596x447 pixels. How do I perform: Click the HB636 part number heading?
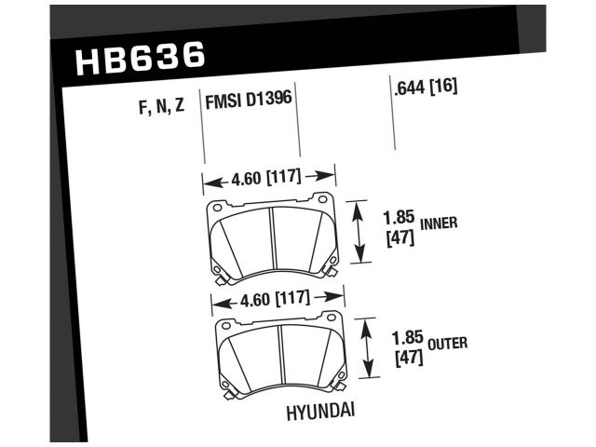141,58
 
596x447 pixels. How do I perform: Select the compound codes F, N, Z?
161,106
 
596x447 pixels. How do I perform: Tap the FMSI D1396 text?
249,100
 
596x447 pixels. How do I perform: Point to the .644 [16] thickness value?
426,87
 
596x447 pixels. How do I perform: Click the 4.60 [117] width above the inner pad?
266,177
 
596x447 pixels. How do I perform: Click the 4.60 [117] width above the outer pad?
276,298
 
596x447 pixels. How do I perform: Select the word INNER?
439,223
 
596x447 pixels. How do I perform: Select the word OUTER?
448,344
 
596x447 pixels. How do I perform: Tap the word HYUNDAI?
320,413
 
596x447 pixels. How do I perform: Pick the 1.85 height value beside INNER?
399,218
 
